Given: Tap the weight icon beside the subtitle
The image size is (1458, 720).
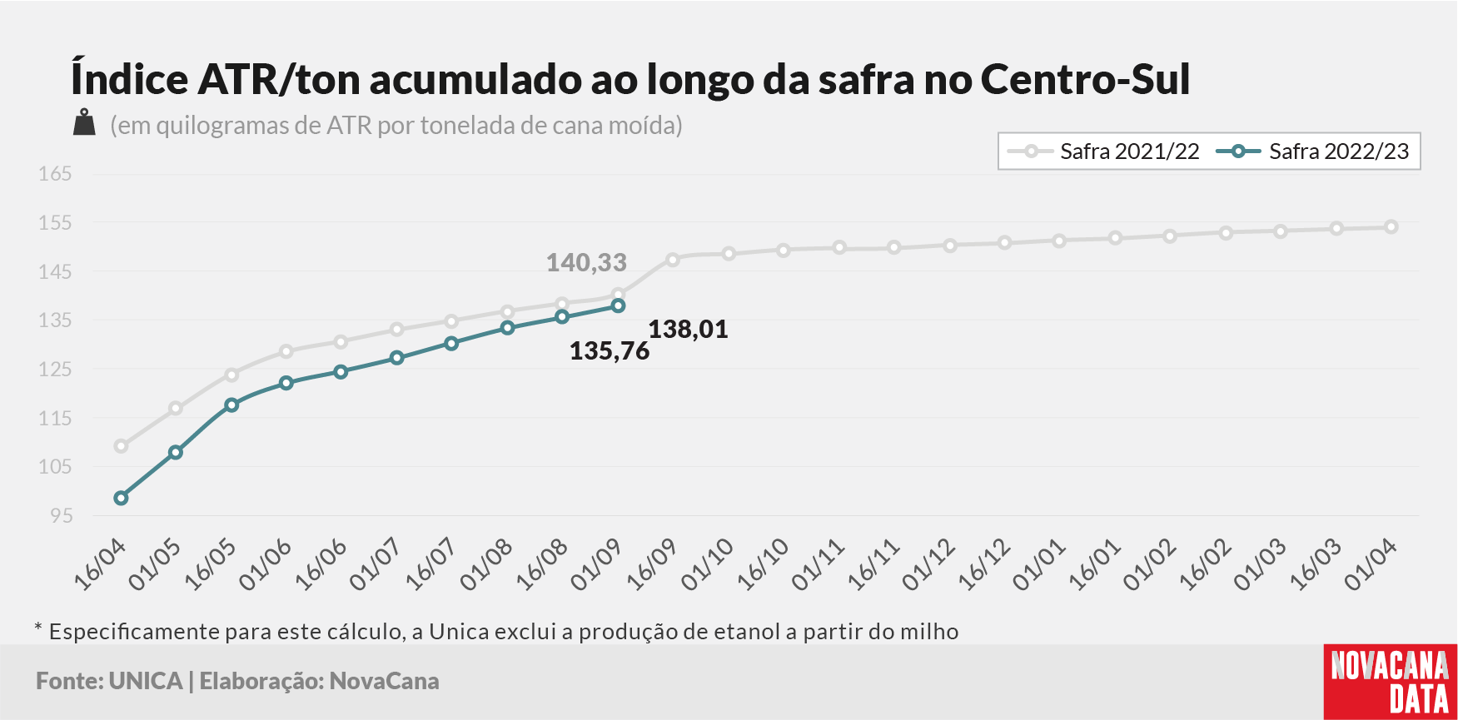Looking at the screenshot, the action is tap(84, 122).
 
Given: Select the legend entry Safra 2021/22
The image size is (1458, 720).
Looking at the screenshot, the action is tap(1103, 151).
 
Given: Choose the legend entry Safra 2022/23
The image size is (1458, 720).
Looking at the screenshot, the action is tap(1313, 151).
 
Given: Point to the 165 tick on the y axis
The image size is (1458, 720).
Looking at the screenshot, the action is tap(55, 174).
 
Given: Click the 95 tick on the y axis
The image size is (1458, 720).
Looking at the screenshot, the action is tap(62, 516).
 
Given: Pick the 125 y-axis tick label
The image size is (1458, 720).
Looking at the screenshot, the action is tap(55, 370).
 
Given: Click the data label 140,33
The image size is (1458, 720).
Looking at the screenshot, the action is tap(586, 263).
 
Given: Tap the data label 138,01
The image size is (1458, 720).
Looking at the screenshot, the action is tap(689, 330).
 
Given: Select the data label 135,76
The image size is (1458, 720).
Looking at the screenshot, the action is tap(610, 351).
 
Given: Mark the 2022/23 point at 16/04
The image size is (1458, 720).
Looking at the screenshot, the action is tap(121, 499).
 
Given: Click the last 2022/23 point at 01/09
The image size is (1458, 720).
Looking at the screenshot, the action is tap(618, 306).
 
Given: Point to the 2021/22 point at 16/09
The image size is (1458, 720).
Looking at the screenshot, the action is tap(673, 260).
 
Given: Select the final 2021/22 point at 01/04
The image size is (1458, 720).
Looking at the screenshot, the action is tap(1391, 227).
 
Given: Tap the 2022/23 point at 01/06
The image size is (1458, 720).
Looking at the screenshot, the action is tap(286, 383).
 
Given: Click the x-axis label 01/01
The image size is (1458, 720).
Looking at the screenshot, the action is tap(1039, 564).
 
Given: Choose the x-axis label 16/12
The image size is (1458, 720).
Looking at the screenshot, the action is tap(984, 564).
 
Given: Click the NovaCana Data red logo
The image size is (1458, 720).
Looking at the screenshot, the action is tap(1391, 682).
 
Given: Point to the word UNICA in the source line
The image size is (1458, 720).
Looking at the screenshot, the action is tap(146, 681).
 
